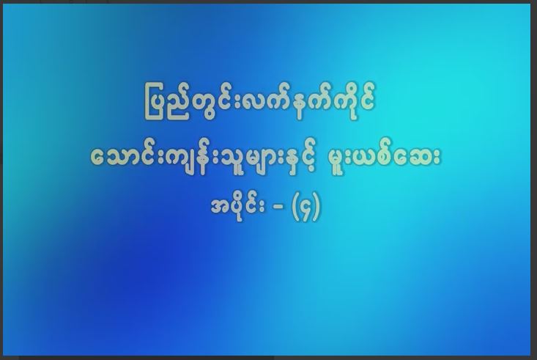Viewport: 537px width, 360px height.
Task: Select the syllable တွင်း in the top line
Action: point(209,102)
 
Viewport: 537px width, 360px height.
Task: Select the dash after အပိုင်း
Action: point(279,207)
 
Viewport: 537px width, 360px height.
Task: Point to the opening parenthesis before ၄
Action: point(295,207)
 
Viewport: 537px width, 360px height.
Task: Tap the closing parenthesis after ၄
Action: point(316,207)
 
